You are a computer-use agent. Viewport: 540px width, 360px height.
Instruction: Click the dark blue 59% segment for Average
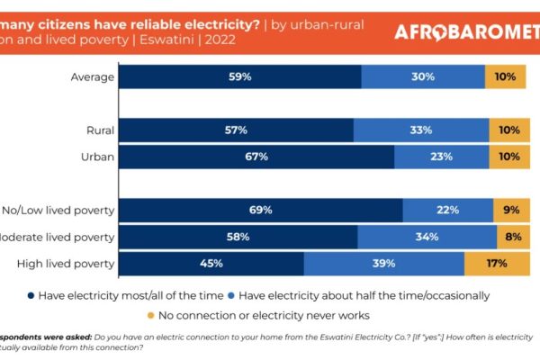coord(239,76)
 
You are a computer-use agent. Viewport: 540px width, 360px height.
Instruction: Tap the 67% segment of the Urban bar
coord(256,157)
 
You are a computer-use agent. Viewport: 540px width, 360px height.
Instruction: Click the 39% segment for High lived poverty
coord(384,264)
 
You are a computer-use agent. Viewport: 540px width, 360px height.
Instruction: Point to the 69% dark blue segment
coord(261,211)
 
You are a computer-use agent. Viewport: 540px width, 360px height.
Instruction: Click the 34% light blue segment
coord(427,237)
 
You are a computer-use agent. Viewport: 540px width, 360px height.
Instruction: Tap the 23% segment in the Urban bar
coord(442,157)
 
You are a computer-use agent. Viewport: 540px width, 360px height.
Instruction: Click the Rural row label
coord(97,130)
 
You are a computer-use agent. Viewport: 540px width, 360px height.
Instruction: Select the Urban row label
coord(95,157)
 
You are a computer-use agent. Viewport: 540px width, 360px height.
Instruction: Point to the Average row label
coord(93,76)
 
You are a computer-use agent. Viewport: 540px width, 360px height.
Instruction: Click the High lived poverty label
coord(66,264)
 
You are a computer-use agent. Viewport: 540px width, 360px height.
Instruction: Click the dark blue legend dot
coord(31,295)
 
